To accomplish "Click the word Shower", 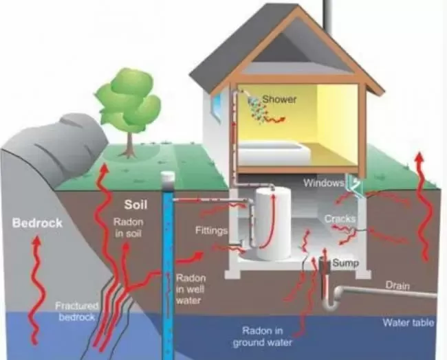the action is coord(279,100).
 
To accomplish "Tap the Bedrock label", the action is coord(37,223).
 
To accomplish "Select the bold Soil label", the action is coord(135,205).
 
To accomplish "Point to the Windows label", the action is coord(324,183).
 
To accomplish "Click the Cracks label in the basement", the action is coord(340,218).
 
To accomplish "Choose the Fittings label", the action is coord(211,230).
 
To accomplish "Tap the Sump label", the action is coord(345,262).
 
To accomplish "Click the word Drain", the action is coord(397,285).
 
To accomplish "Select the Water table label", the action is coord(408,322).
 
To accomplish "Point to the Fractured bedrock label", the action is coord(76,311).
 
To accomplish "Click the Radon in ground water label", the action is coord(262,337).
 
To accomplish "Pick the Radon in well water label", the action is coord(190,289).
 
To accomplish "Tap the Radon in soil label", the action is coord(129,227).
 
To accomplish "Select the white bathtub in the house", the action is coord(274,153).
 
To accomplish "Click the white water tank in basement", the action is coord(273,224).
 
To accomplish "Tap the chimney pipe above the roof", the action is coord(327,14).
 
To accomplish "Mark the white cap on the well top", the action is coord(167,179).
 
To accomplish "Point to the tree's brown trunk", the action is coord(130,145).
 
